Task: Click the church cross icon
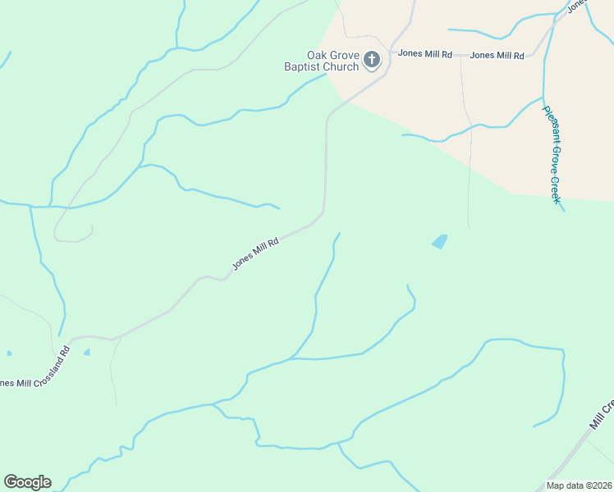tap(372, 59)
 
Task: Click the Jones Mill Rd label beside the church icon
tap(425, 54)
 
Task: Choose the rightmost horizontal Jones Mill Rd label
tap(497, 55)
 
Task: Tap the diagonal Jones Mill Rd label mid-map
tap(255, 254)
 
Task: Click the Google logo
tap(27, 482)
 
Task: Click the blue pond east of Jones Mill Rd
tap(440, 241)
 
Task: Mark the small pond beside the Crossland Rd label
tap(87, 352)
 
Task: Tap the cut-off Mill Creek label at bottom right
tap(602, 415)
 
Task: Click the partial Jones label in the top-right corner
tap(578, 5)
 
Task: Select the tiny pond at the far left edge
tap(9, 353)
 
